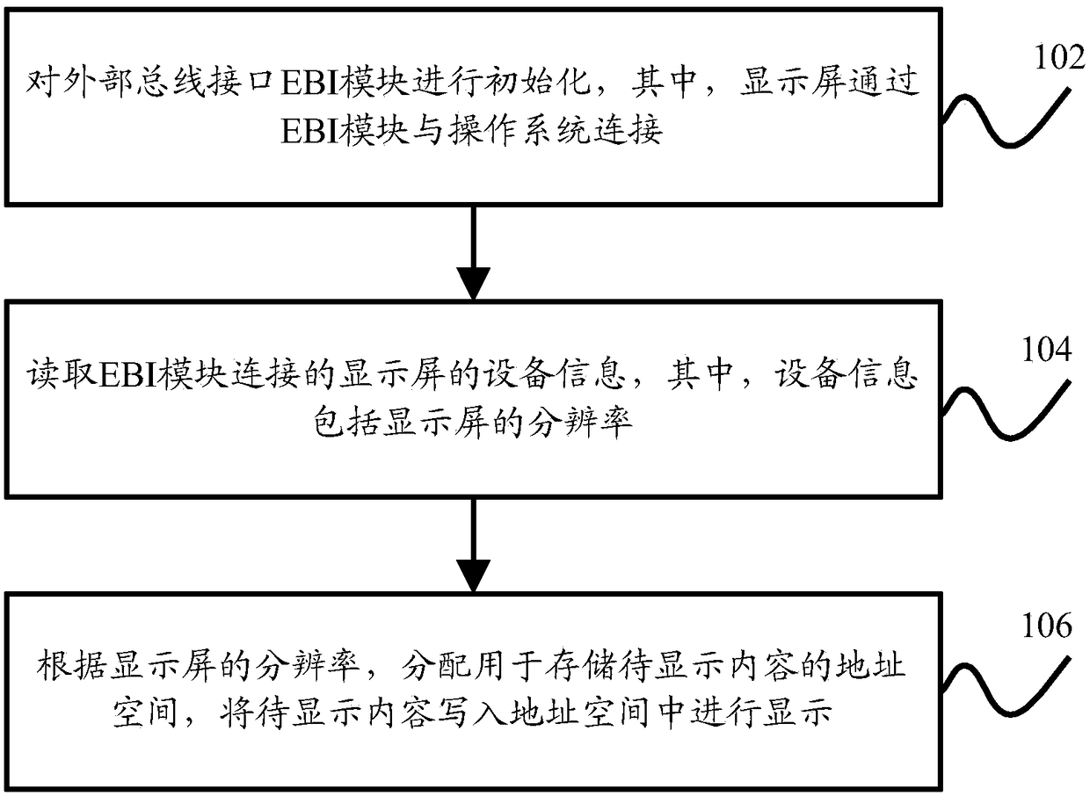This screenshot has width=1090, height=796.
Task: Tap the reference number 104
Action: [1046, 351]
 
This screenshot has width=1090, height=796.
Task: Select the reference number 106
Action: [1046, 627]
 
